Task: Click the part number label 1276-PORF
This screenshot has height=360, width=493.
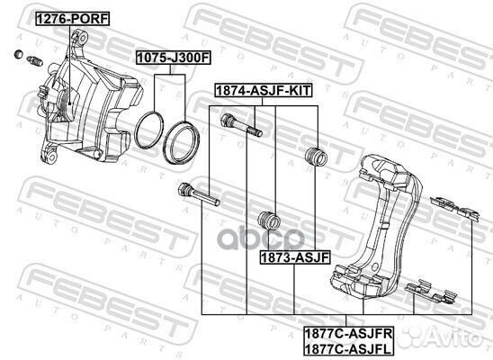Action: pyautogui.click(x=73, y=19)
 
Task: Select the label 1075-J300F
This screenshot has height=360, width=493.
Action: pyautogui.click(x=174, y=58)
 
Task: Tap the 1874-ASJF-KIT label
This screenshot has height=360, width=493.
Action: pyautogui.click(x=264, y=91)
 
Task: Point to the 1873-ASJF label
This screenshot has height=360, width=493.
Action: pyautogui.click(x=295, y=257)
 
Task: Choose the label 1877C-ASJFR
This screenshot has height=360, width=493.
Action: pyautogui.click(x=348, y=333)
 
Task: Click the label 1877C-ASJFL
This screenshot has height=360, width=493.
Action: pyautogui.click(x=348, y=348)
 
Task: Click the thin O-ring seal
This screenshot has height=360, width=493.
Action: pyautogui.click(x=148, y=130)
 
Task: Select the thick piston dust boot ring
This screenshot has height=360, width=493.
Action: pyautogui.click(x=182, y=143)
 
